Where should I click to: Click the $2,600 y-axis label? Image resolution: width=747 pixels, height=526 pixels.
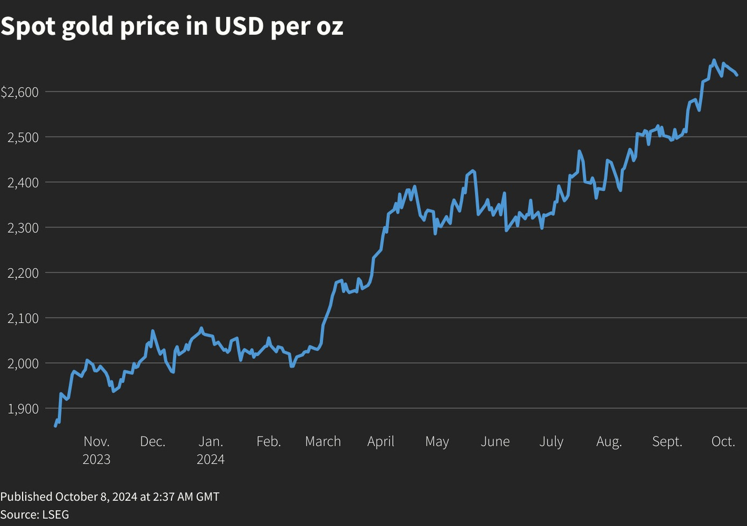(20, 92)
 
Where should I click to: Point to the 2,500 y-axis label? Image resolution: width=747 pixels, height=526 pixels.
(23, 138)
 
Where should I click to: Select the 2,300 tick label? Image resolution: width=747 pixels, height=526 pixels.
(23, 228)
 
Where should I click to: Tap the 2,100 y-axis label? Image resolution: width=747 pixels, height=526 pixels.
(23, 319)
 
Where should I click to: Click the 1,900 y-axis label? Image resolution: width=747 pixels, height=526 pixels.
(23, 409)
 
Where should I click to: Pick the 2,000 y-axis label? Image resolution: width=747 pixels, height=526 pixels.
(23, 364)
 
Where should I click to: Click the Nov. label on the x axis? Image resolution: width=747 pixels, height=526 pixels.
(97, 442)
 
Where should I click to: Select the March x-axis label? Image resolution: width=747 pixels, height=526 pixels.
(323, 442)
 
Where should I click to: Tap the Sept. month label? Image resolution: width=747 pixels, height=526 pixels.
(667, 442)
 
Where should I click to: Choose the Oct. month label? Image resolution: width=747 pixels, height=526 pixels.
(723, 442)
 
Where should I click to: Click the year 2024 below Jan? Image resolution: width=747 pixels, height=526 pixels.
(211, 460)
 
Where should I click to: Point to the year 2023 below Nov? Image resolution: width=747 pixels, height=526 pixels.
(97, 460)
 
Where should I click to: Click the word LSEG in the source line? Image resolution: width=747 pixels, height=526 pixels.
(55, 515)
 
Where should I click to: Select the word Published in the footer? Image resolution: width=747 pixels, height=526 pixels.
(26, 497)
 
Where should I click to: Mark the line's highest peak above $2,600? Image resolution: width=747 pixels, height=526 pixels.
(714, 60)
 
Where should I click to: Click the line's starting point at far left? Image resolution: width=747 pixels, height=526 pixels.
(55, 426)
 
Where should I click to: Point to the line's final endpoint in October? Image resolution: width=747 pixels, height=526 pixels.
(737, 75)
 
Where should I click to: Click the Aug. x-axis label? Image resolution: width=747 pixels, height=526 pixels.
(609, 442)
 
